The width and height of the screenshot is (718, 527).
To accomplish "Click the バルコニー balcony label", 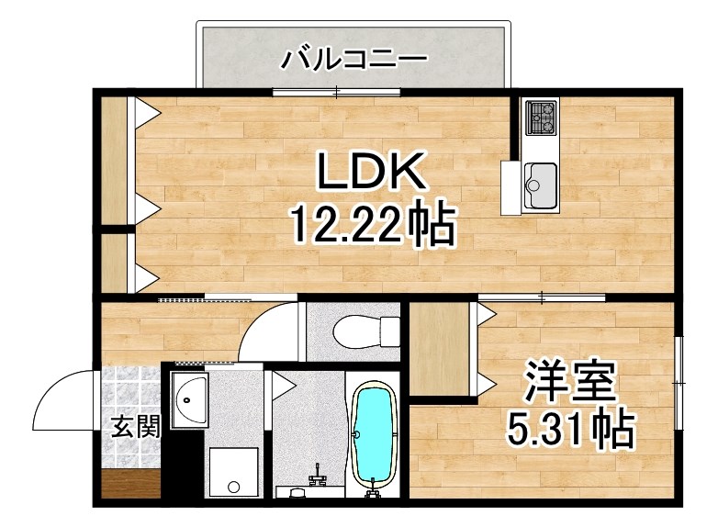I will click(x=353, y=60).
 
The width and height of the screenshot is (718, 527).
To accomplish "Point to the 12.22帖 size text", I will click(x=372, y=225).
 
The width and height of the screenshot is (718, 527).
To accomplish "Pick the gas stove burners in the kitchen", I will click(x=541, y=118).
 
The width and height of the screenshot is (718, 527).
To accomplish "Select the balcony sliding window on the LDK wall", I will click(x=337, y=92).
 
